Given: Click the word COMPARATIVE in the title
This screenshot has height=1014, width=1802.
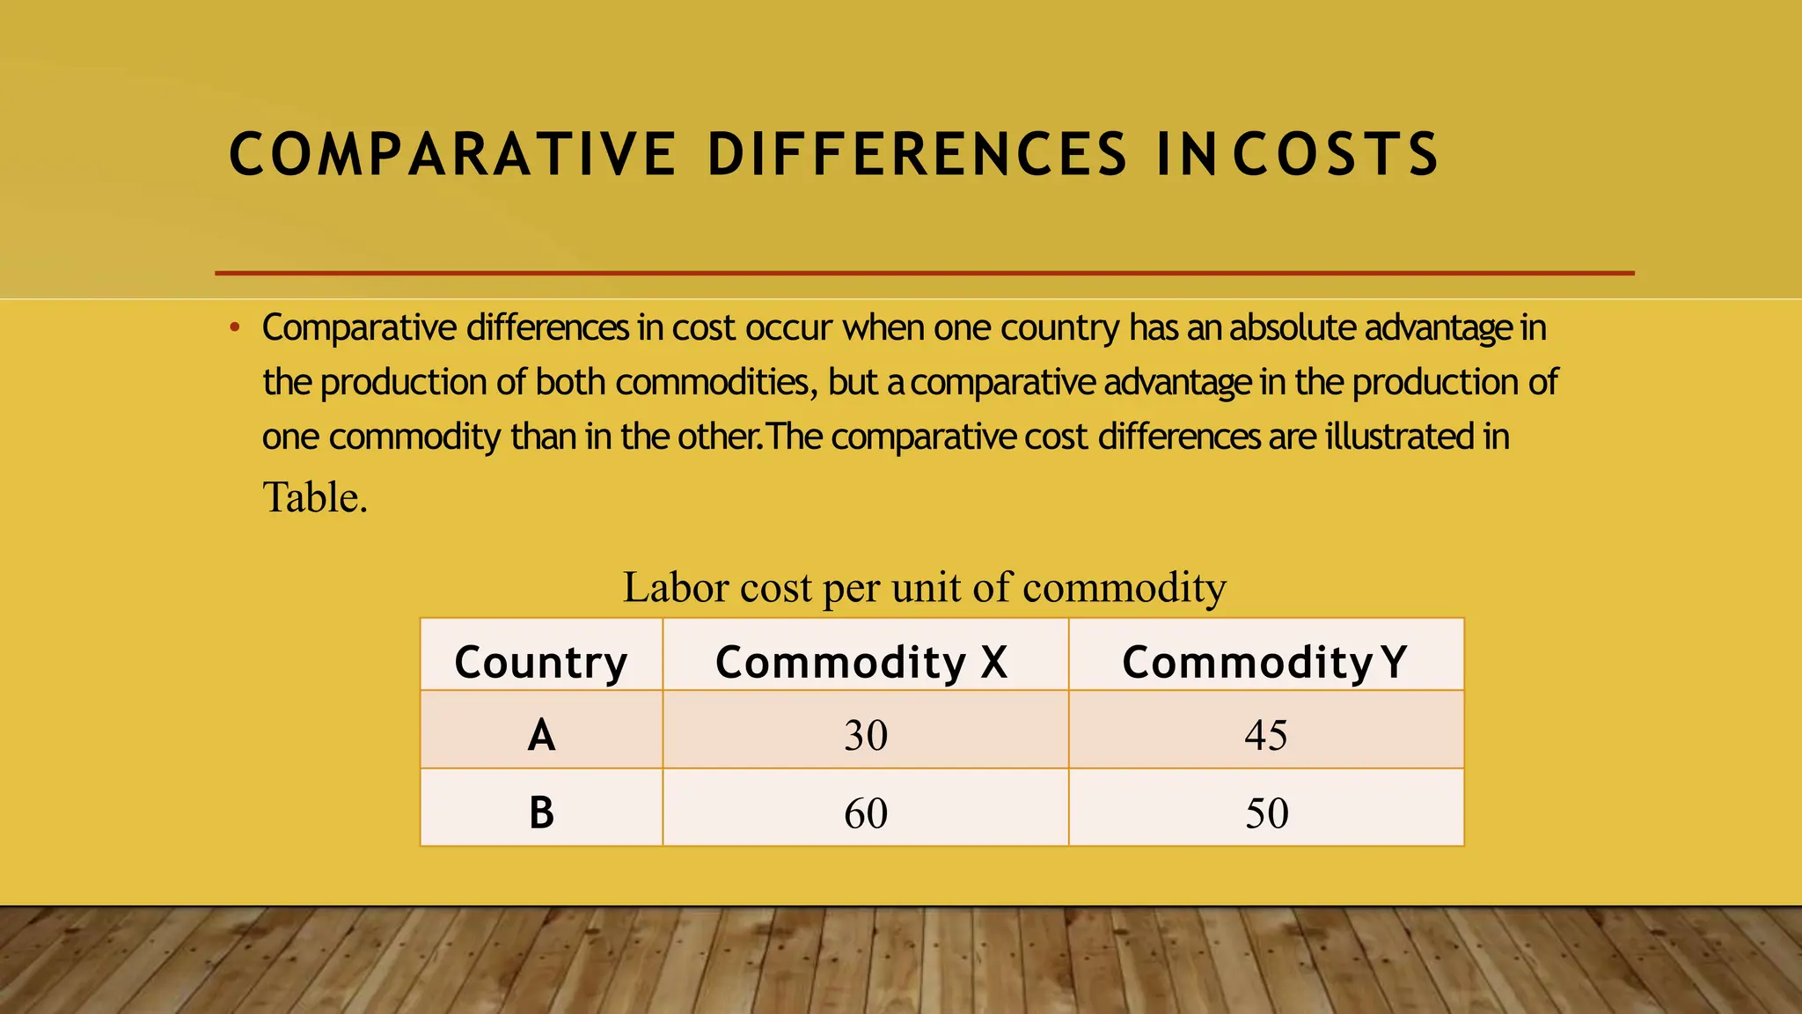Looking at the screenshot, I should coord(452,154).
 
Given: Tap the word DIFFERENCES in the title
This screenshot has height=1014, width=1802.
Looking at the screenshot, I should coord(917,154).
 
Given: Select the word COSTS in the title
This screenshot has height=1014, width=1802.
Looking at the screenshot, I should coord(1336,154).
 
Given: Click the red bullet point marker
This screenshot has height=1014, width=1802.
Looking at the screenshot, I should coord(234,329).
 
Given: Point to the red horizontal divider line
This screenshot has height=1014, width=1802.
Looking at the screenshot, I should coord(924,274).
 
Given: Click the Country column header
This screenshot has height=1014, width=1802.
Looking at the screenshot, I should coord(541,662).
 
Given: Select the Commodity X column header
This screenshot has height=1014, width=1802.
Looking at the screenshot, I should coord(861,662).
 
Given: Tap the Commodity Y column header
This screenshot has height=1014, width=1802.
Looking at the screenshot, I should coord(1264,662).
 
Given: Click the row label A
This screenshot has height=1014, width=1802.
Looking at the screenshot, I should coord(541,734).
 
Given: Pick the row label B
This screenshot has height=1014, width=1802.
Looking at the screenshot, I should coord(541,812).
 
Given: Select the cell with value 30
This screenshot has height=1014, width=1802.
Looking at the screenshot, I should coord(866,734).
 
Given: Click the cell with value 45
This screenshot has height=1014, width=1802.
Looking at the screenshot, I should coord(1266,734).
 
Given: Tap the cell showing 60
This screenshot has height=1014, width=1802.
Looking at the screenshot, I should coord(866,812).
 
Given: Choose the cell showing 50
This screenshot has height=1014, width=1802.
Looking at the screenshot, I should coord(1266,812).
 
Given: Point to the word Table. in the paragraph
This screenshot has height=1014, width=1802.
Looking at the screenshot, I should coord(315,497).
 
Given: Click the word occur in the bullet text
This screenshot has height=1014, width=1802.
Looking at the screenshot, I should coord(788,327).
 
